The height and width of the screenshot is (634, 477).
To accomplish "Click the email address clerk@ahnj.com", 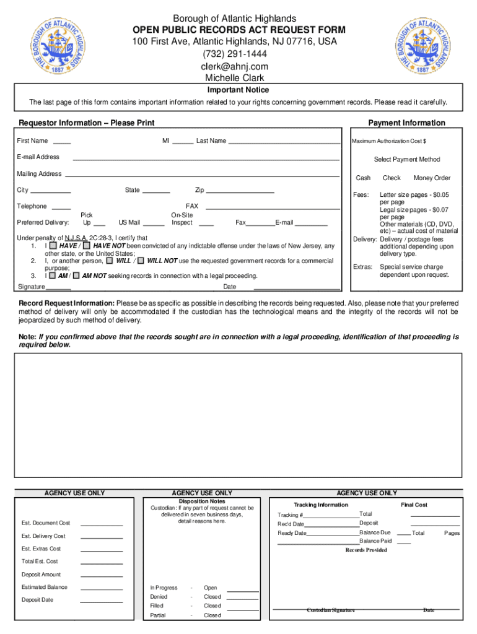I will click(234, 67).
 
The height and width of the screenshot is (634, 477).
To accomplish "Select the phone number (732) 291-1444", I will click(234, 54).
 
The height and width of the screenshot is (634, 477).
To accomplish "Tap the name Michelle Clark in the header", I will click(234, 78).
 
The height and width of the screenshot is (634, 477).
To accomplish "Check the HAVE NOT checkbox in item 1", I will click(87, 246).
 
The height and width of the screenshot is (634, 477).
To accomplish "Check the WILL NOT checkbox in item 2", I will click(141, 261).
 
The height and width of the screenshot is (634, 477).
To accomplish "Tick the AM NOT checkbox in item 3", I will click(76, 276).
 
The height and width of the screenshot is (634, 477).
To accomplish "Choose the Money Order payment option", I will click(432, 178).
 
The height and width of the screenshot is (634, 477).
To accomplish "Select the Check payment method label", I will click(392, 178).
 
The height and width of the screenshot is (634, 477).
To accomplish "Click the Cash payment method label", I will click(363, 178).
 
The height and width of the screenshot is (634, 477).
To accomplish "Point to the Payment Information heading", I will click(406, 123).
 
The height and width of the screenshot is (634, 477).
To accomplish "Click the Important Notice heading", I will click(238, 90).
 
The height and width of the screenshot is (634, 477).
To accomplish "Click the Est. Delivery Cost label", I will click(43, 536).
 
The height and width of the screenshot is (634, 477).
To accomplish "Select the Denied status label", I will click(159, 597).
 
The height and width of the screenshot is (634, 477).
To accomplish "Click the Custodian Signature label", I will click(331, 610).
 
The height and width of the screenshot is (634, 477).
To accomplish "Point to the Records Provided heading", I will click(366, 550).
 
